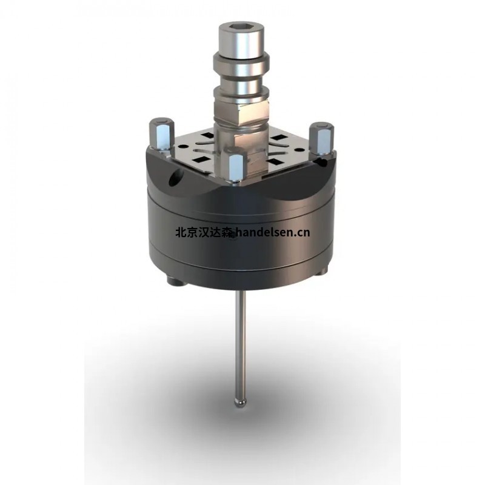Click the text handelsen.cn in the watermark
pyautogui.click(x=272, y=231)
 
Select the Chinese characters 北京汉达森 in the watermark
pyautogui.click(x=203, y=231)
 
